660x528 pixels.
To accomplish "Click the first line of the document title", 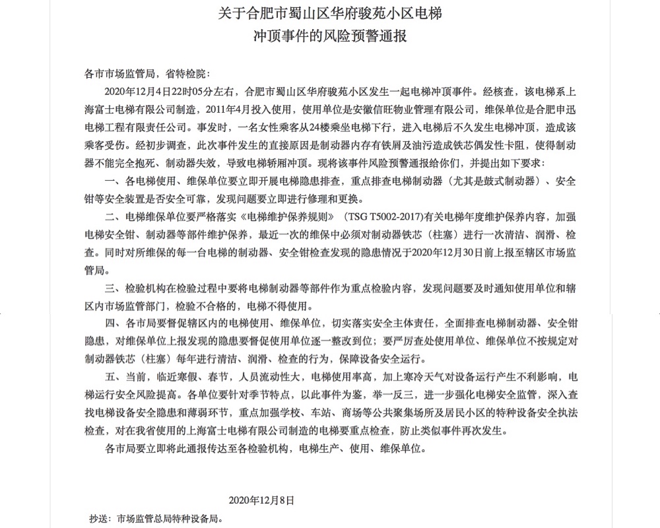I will tap(330, 13).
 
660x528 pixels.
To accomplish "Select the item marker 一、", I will tap(114, 181).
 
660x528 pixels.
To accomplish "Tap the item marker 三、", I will tap(114, 288).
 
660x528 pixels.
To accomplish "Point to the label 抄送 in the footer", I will tap(97, 518).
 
